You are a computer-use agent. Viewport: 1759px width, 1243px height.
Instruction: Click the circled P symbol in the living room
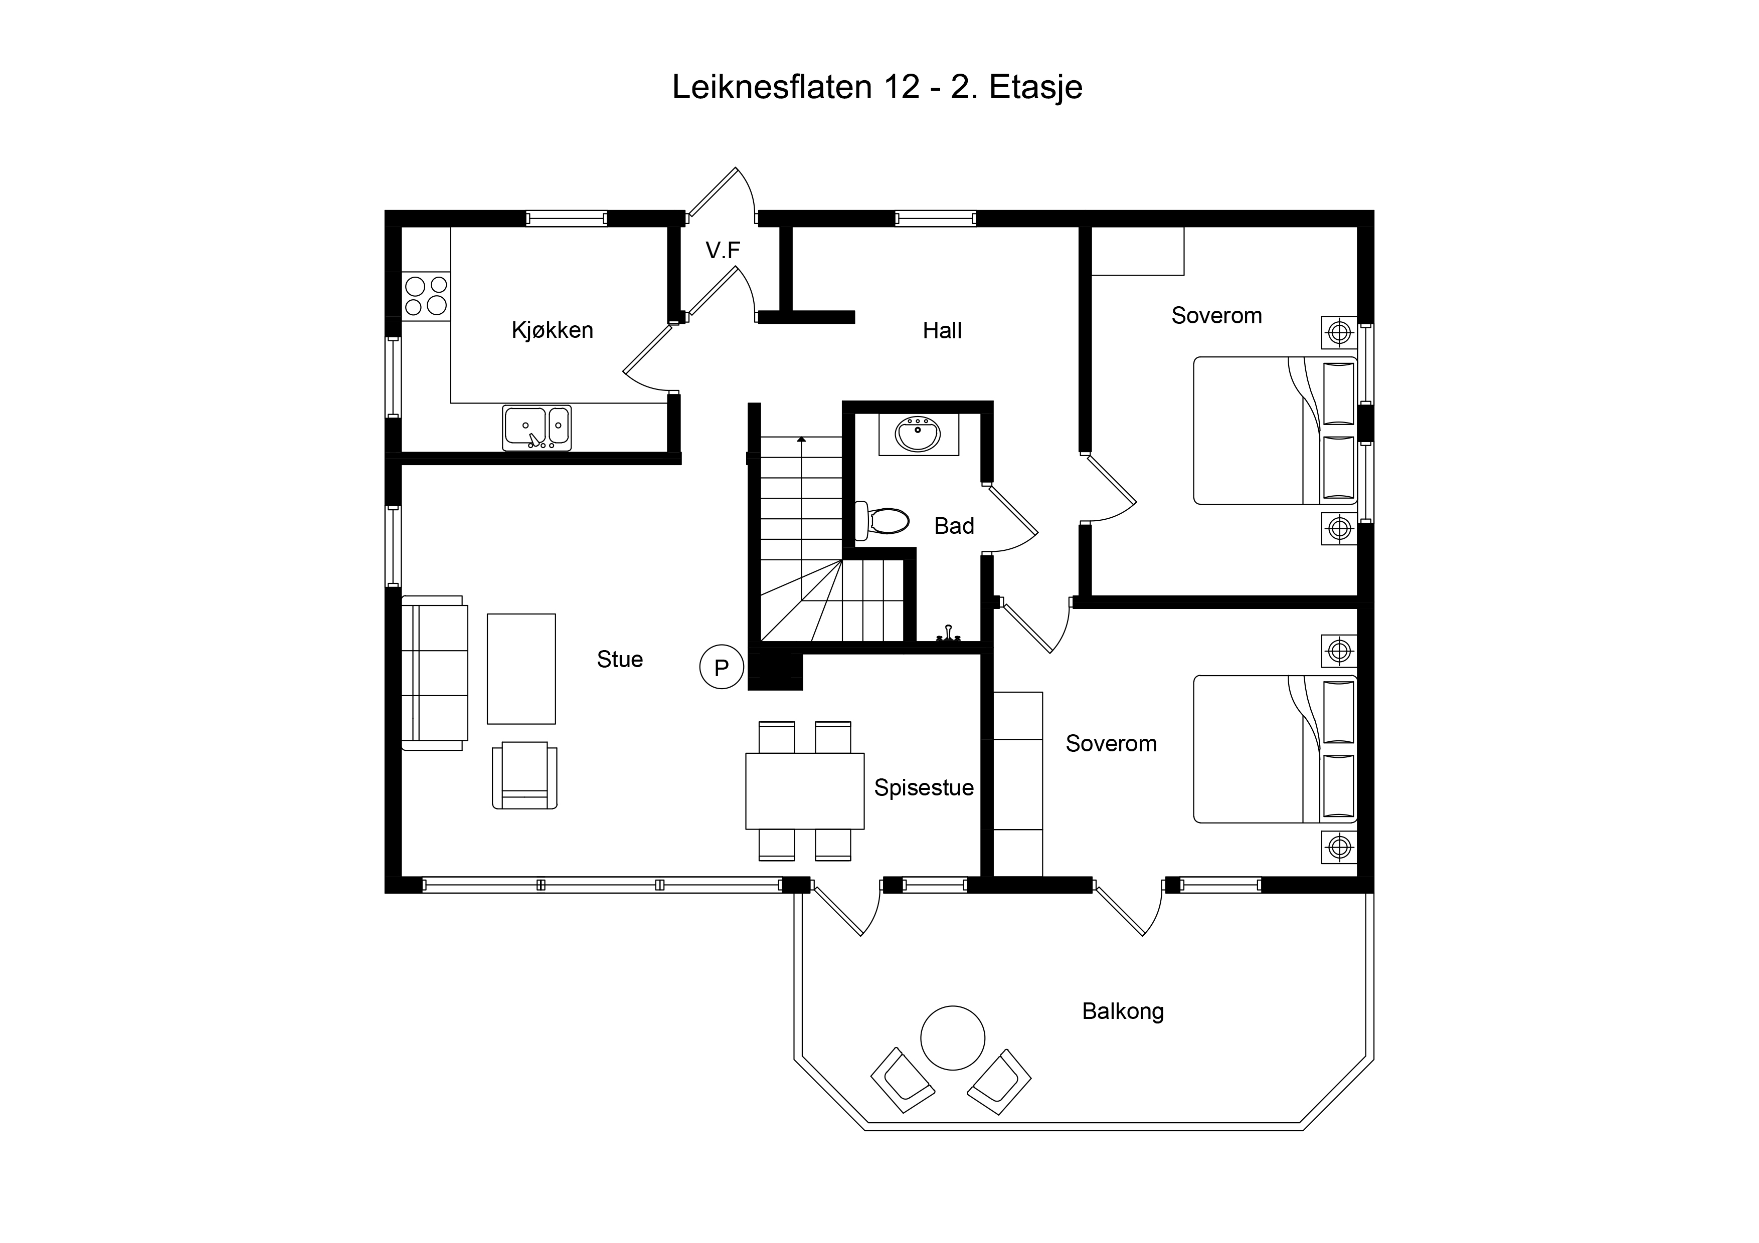[x=721, y=667]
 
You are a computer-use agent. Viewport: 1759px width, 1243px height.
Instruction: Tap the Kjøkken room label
[x=553, y=330]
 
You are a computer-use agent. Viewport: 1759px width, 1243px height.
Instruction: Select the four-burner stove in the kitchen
[x=426, y=296]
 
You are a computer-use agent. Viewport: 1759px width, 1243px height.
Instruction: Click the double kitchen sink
[x=537, y=428]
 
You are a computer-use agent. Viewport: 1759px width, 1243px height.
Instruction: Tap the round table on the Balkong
[x=952, y=1038]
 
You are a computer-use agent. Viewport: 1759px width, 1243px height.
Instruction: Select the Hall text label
[x=942, y=330]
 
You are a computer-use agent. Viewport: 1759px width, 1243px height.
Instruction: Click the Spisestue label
[x=924, y=787]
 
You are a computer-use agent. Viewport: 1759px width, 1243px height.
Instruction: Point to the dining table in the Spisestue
[x=805, y=791]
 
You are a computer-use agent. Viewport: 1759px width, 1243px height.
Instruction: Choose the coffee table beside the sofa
[x=521, y=669]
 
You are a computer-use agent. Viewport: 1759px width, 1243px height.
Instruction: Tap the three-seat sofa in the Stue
[x=434, y=673]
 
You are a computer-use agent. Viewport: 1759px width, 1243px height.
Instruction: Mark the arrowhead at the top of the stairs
[x=801, y=440]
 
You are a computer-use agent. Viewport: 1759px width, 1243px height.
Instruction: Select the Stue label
[x=620, y=660]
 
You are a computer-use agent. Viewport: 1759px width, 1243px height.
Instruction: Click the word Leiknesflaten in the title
[x=772, y=87]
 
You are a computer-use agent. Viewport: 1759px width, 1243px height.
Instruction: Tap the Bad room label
[x=954, y=526]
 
